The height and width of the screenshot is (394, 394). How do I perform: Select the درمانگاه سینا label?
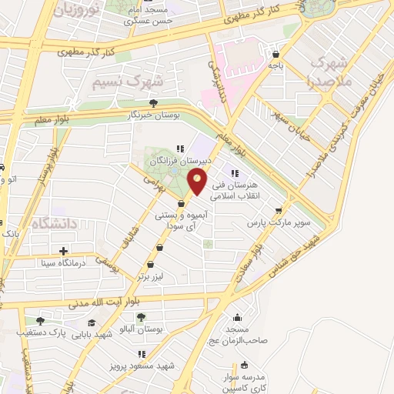(x=65, y=262)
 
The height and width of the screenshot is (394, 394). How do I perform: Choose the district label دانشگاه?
(x=55, y=224)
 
